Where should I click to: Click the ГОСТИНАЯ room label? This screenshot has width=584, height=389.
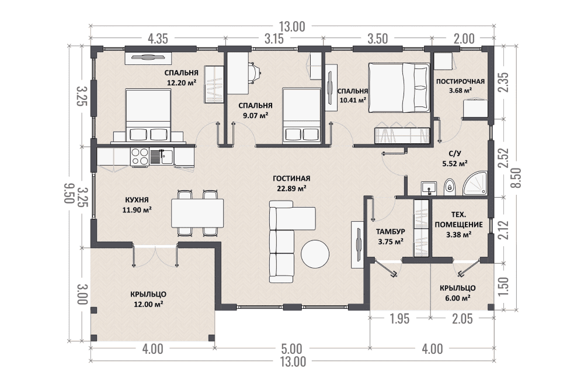coord(291,178)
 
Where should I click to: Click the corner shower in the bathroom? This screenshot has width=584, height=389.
coord(475,184)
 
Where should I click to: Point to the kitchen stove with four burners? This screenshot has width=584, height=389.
coord(140,157)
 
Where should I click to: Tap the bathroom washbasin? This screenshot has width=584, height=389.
coord(429,188)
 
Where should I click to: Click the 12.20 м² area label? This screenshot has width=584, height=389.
coord(182,82)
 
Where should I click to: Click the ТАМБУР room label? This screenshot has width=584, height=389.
coord(390,232)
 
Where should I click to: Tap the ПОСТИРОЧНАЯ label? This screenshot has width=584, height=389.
coord(460,81)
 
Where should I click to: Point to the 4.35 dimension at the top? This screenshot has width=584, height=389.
coord(158,39)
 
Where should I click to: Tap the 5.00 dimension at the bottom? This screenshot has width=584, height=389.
coord(291,349)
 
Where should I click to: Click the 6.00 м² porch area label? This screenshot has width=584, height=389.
coord(457,298)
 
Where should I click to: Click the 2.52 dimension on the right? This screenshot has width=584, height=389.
coord(505,159)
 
